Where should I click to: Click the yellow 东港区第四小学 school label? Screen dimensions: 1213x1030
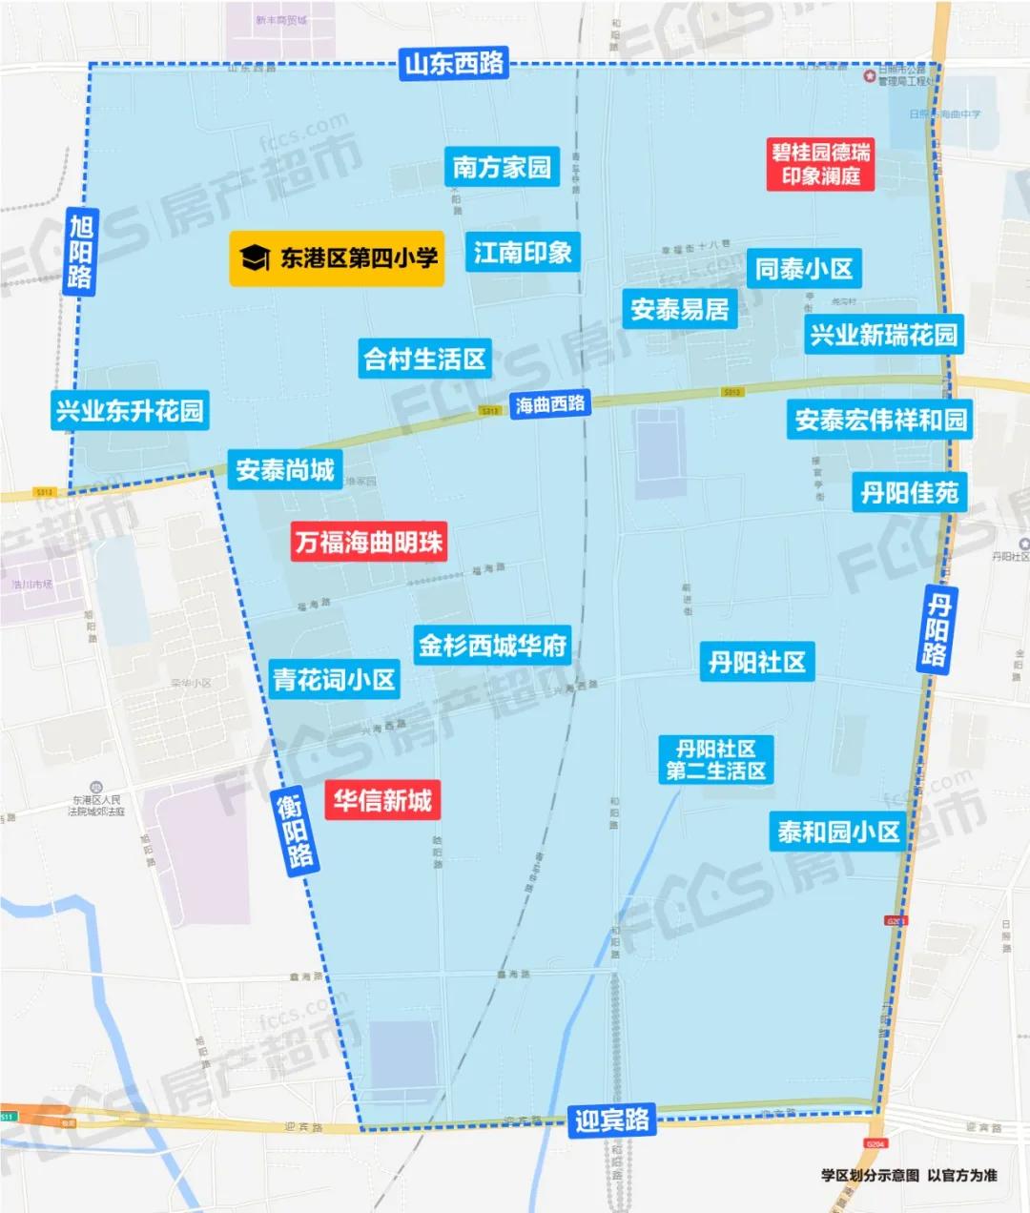(337, 257)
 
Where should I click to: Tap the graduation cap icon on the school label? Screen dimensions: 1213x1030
(254, 257)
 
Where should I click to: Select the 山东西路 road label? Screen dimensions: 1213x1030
(454, 64)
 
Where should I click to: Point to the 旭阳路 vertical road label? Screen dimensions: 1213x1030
(81, 252)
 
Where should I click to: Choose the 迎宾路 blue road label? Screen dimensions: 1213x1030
(611, 1120)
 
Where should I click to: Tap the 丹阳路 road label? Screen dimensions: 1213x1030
(937, 628)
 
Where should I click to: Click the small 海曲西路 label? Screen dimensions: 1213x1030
(550, 404)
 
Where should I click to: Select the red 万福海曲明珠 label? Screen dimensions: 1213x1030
(368, 543)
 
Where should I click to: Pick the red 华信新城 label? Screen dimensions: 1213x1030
(382, 800)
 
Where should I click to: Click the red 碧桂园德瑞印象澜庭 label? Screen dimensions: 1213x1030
(821, 164)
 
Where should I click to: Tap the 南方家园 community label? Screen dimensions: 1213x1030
(502, 168)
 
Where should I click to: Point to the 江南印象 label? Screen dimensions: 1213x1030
(523, 253)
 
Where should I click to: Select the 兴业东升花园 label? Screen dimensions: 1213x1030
(130, 412)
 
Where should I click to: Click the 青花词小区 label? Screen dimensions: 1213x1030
(334, 680)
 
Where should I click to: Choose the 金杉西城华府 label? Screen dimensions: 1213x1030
(492, 646)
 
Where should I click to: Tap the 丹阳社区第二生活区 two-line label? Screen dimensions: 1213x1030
(716, 760)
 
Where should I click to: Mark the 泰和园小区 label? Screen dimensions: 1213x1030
(838, 833)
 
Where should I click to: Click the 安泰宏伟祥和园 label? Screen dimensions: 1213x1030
(880, 420)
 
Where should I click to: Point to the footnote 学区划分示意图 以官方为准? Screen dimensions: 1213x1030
(908, 1175)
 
